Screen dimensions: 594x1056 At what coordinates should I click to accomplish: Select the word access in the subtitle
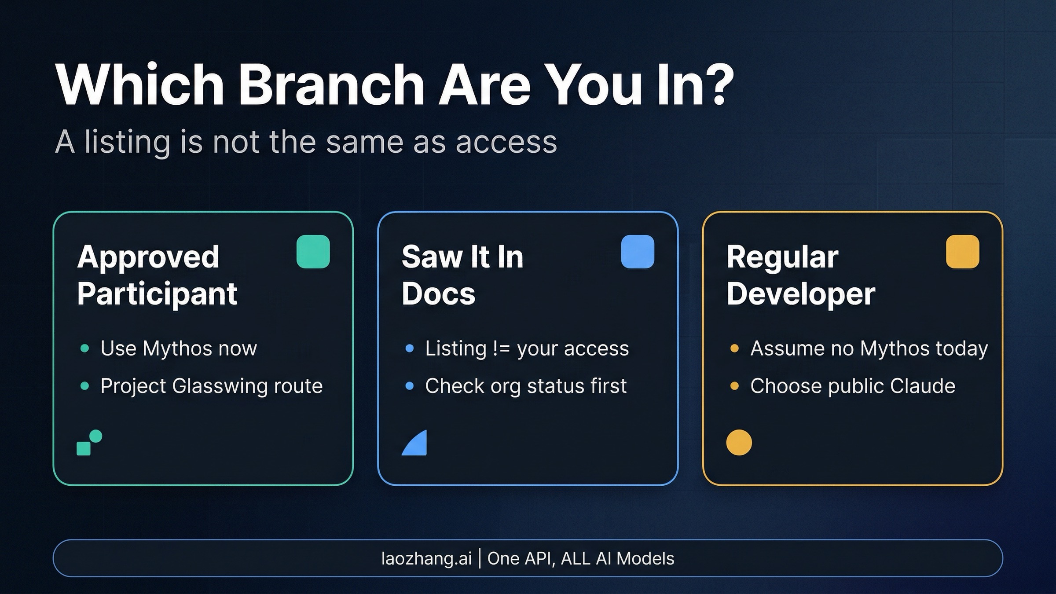(506, 142)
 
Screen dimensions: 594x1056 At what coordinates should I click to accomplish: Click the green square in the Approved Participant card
(313, 252)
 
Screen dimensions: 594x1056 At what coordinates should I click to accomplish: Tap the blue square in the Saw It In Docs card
(638, 252)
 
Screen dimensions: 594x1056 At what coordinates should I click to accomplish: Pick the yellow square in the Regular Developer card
(962, 252)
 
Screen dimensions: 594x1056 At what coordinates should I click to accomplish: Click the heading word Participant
(157, 294)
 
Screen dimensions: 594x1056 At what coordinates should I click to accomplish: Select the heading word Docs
(438, 294)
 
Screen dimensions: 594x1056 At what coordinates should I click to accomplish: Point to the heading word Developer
(801, 294)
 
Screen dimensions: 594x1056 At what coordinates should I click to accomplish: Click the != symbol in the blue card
(501, 348)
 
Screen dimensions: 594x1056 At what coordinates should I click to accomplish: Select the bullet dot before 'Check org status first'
(409, 386)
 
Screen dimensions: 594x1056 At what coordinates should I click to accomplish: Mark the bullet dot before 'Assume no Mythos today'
(734, 348)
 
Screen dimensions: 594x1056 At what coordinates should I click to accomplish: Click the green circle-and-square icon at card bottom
(89, 443)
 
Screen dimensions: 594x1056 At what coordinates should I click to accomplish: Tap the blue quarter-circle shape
(416, 444)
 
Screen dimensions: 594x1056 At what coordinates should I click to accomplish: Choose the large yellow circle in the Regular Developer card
(739, 442)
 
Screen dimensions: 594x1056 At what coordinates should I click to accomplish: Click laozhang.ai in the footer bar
(426, 558)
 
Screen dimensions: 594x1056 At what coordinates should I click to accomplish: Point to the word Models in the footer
(645, 558)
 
